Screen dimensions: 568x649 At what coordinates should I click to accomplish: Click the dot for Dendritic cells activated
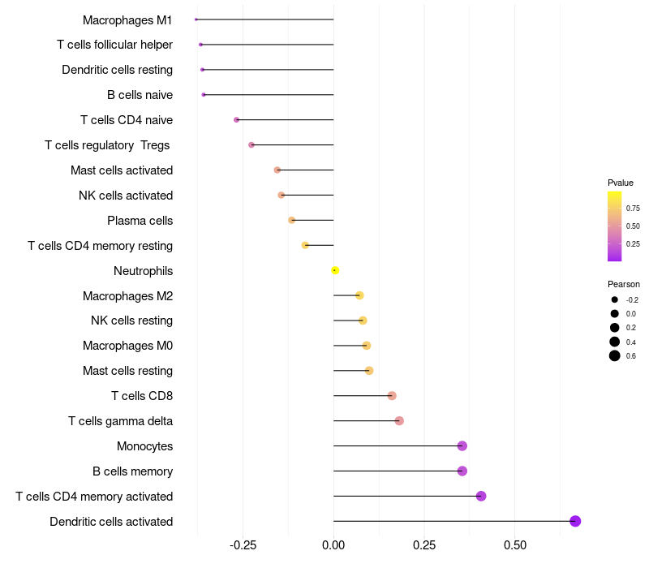pos(575,521)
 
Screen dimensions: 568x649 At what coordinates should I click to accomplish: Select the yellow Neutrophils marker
pos(334,270)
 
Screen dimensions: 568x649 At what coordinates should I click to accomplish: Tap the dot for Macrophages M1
pos(196,19)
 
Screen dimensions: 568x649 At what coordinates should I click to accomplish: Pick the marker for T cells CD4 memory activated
pos(481,496)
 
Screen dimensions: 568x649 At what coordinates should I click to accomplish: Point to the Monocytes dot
pos(462,445)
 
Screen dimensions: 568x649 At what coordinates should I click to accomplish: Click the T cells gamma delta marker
pos(399,420)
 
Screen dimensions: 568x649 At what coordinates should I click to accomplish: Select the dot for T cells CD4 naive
pos(237,119)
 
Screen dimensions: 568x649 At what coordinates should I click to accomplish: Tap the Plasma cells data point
pos(292,220)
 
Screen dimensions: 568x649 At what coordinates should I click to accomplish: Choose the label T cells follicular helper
pos(114,45)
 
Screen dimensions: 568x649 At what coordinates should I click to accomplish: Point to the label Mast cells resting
pos(127,371)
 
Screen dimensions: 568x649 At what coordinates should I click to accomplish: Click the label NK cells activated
pos(126,195)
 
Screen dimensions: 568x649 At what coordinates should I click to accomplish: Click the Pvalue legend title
pos(621,183)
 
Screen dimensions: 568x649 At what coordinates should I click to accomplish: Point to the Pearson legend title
pos(624,284)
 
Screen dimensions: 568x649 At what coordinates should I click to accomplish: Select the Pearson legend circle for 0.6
pos(615,355)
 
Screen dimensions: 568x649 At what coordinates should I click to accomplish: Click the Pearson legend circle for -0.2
pos(615,299)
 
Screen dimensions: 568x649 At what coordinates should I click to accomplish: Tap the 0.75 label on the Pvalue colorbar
pos(633,209)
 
